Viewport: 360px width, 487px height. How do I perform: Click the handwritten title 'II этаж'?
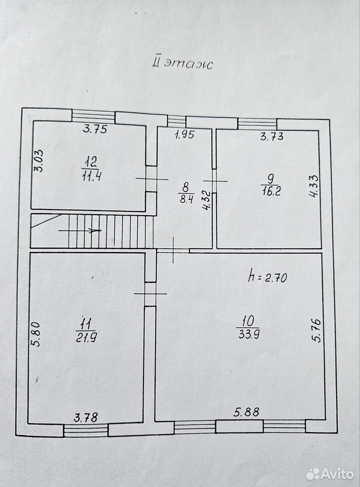tap(182, 64)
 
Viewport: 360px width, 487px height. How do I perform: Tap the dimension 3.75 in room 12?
tap(95, 128)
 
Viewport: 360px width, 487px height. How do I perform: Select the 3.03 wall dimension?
tap(39, 161)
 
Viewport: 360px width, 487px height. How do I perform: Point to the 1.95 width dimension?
tap(185, 134)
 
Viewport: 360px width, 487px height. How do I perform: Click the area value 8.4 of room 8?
tap(187, 199)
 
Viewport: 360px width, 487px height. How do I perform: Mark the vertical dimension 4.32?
tap(207, 201)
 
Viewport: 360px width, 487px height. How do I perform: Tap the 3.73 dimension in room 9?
tap(272, 136)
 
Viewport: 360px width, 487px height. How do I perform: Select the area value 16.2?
tap(271, 191)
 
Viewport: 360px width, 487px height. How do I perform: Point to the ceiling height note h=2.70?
tap(267, 277)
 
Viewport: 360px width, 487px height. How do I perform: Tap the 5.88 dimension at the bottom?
tap(246, 412)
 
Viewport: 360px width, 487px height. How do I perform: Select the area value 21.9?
tap(86, 337)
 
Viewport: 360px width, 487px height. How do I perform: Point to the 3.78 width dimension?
tap(86, 417)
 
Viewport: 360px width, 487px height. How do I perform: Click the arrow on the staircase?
tap(80, 230)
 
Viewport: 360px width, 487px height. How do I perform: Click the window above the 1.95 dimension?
tap(176, 121)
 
